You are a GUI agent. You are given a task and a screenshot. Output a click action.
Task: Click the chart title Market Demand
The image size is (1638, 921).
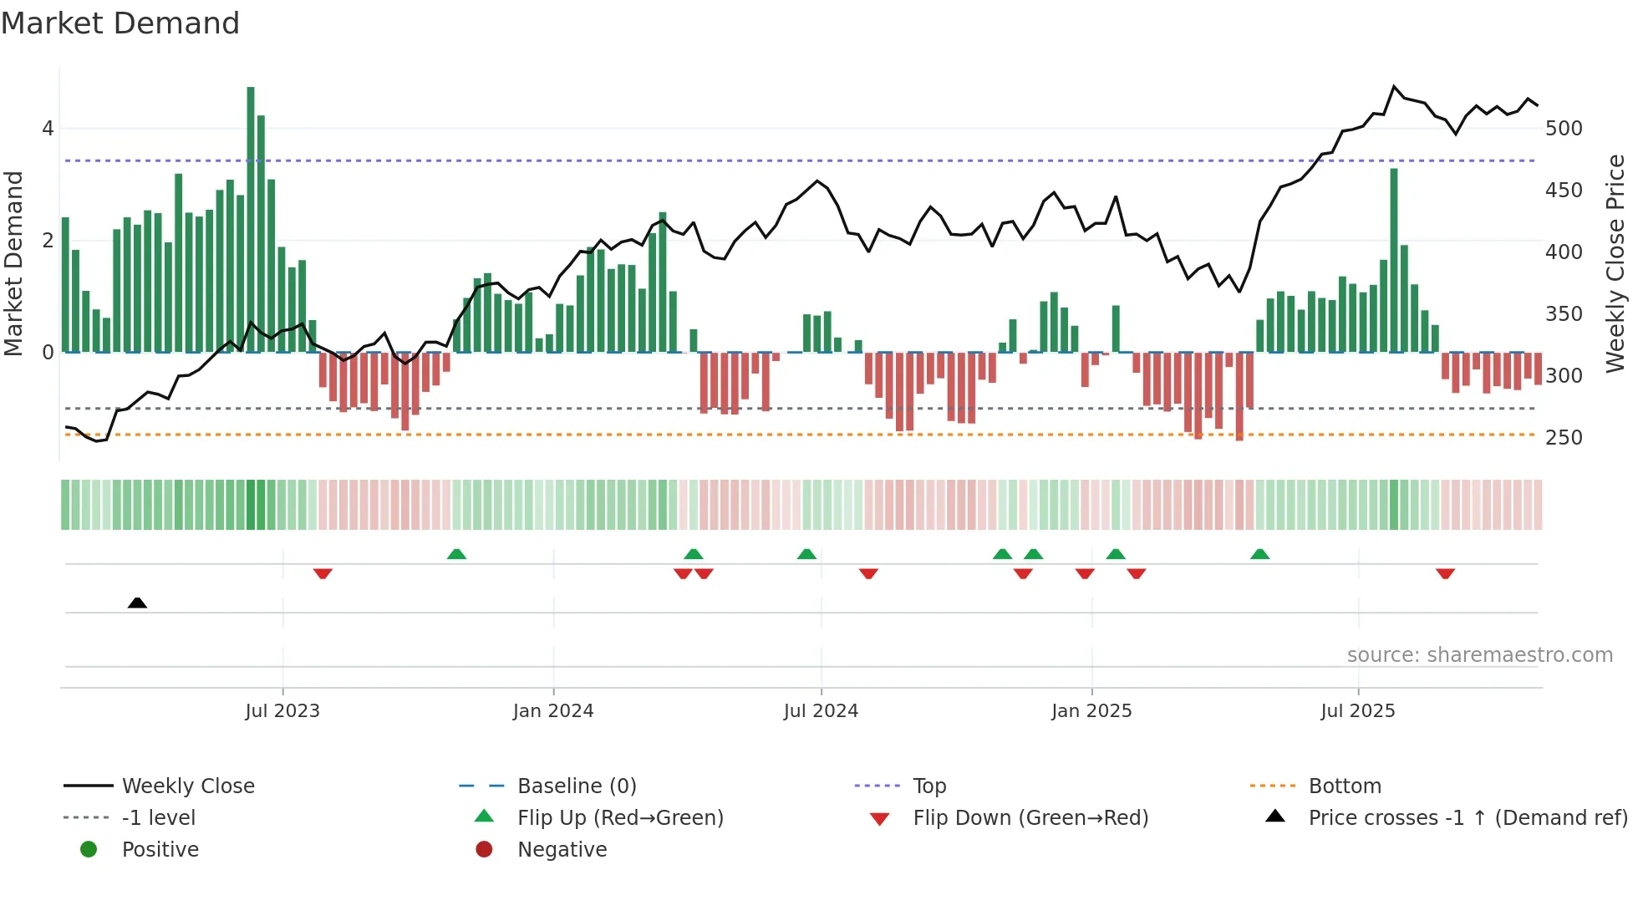[x=120, y=23]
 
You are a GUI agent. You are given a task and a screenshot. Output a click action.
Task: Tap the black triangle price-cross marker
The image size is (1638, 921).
[x=138, y=603]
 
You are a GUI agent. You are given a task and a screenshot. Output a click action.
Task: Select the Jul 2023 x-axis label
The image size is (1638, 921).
[x=282, y=711]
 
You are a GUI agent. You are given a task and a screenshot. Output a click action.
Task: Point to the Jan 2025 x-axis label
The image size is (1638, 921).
[x=1091, y=711]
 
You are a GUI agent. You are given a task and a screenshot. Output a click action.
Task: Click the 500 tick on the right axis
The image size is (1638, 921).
[x=1564, y=129]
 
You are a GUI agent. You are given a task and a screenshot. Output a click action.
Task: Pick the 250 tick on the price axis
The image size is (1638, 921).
[x=1564, y=438]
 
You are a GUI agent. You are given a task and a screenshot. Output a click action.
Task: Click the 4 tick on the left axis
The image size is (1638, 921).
[x=48, y=129]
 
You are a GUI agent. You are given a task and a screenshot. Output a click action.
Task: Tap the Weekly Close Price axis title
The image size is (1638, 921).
[x=1615, y=263]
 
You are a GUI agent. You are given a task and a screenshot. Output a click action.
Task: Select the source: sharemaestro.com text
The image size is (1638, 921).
[x=1479, y=655]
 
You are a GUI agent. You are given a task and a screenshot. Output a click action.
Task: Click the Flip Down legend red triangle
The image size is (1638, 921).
[x=879, y=819]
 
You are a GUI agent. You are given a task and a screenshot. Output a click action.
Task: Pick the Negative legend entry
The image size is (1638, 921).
[x=562, y=850]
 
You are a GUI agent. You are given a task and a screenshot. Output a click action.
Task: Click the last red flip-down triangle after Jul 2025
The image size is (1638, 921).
[x=1446, y=573]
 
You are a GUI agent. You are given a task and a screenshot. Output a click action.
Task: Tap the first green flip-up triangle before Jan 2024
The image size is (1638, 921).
[x=456, y=554]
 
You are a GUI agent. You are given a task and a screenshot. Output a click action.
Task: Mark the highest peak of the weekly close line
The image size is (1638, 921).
[x=1394, y=86]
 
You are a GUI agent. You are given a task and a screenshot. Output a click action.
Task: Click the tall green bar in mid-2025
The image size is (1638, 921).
[x=1394, y=260]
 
